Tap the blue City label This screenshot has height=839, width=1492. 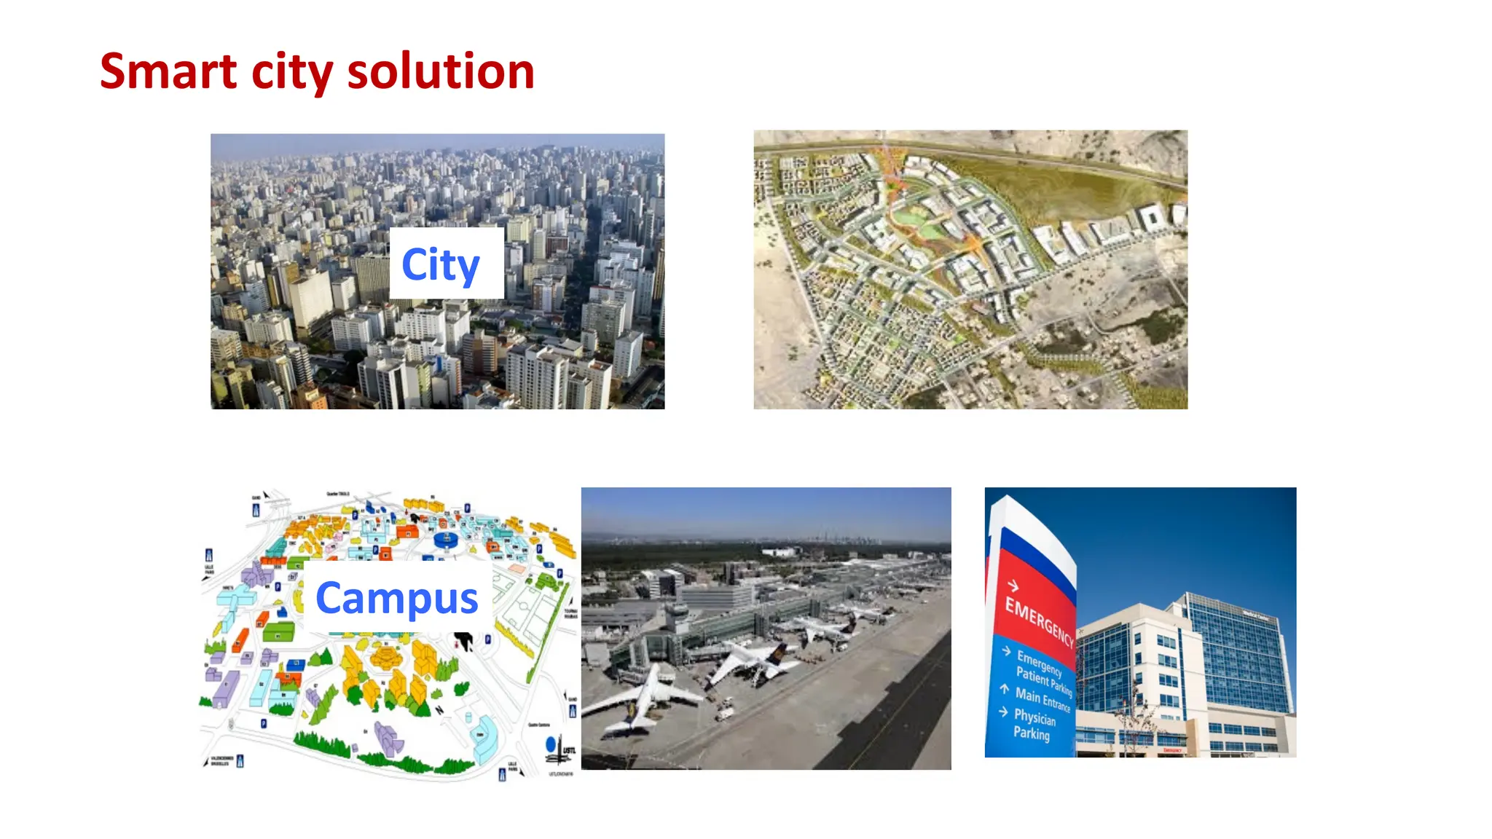click(441, 264)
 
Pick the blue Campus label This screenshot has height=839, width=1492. click(397, 599)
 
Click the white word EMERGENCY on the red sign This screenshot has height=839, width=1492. click(1039, 621)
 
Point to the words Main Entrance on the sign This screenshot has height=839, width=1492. click(1043, 698)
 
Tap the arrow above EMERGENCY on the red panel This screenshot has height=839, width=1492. click(1013, 585)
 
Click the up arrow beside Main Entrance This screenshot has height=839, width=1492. click(1005, 688)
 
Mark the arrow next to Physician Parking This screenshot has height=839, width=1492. click(1004, 712)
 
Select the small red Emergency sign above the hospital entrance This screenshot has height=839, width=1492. click(1172, 749)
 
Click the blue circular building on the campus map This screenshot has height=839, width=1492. click(445, 540)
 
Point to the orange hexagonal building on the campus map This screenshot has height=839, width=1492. click(385, 657)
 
